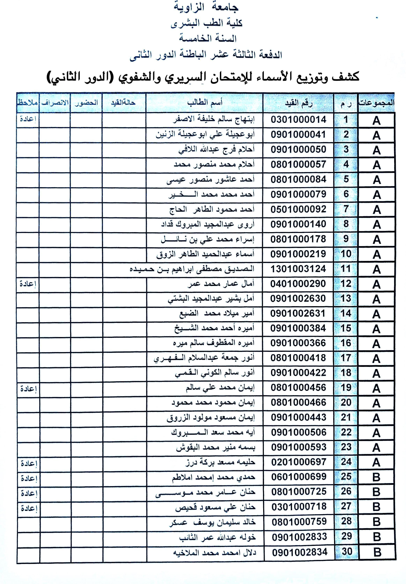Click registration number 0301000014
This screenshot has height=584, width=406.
[298, 120]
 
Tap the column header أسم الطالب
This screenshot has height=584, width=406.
[205, 102]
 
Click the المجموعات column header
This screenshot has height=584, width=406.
[376, 103]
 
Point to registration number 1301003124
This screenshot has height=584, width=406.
[298, 269]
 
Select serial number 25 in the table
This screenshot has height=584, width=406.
[346, 477]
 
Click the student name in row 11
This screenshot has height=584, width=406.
[192, 269]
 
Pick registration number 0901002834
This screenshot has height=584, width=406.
[299, 552]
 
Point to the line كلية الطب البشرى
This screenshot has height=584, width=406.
[207, 23]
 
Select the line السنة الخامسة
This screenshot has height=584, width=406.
[208, 38]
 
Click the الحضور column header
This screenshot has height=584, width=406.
[86, 103]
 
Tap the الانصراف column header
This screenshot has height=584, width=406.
[55, 103]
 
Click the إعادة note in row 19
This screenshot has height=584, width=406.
[28, 389]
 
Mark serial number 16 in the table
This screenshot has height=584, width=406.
[346, 343]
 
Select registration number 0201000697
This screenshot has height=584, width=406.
[299, 462]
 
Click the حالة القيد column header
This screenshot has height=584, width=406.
[124, 103]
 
